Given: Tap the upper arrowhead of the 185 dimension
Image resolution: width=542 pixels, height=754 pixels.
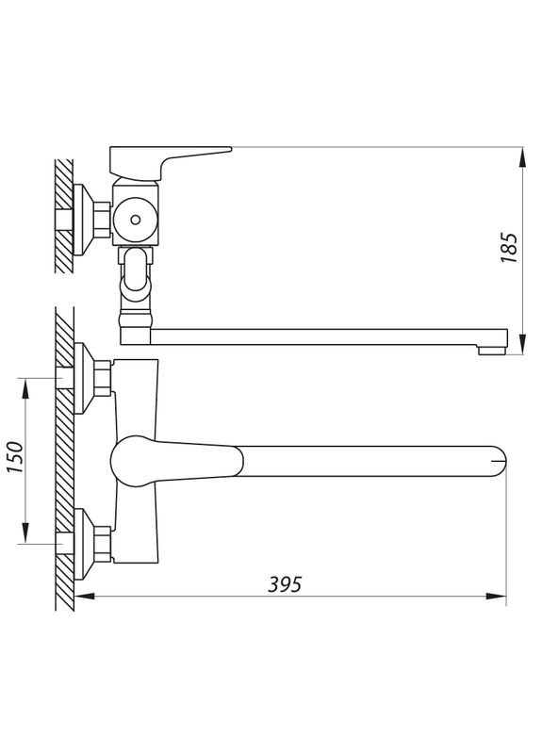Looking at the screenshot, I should (x=521, y=156).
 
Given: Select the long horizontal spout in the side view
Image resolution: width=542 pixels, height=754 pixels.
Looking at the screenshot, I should (x=320, y=336).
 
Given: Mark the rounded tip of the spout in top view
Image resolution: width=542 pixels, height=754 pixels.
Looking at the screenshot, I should (x=499, y=460).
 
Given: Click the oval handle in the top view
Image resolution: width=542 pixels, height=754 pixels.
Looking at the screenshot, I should (x=174, y=460).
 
